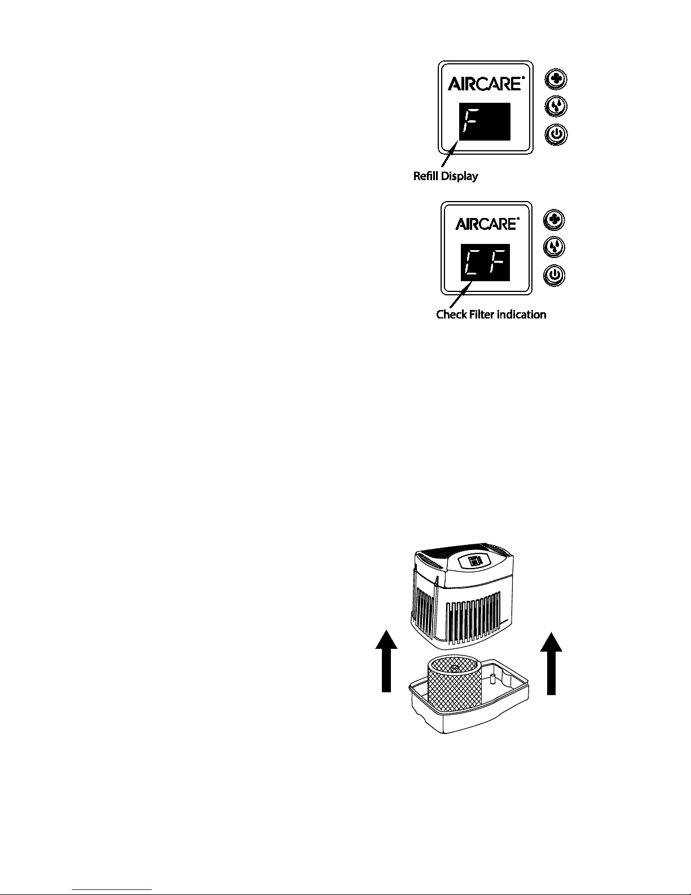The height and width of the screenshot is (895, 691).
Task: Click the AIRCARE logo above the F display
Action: click(x=486, y=84)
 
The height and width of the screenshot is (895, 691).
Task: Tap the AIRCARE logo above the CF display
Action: click(x=487, y=224)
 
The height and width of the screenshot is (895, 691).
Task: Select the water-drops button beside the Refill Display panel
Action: click(x=556, y=107)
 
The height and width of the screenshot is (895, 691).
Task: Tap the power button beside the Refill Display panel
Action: click(x=556, y=135)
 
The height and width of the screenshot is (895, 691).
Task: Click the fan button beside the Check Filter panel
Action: click(x=554, y=220)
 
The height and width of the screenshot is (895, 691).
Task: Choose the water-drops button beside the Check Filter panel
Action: click(x=554, y=247)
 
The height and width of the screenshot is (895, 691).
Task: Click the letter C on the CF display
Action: click(x=472, y=262)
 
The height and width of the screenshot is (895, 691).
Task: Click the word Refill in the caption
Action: click(x=426, y=176)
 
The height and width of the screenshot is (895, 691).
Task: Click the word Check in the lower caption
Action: click(x=452, y=315)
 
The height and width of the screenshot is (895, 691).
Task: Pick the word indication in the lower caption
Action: click(x=522, y=315)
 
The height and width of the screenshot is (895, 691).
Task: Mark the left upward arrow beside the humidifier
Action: click(x=386, y=661)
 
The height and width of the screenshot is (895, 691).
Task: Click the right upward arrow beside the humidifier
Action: click(x=551, y=663)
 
